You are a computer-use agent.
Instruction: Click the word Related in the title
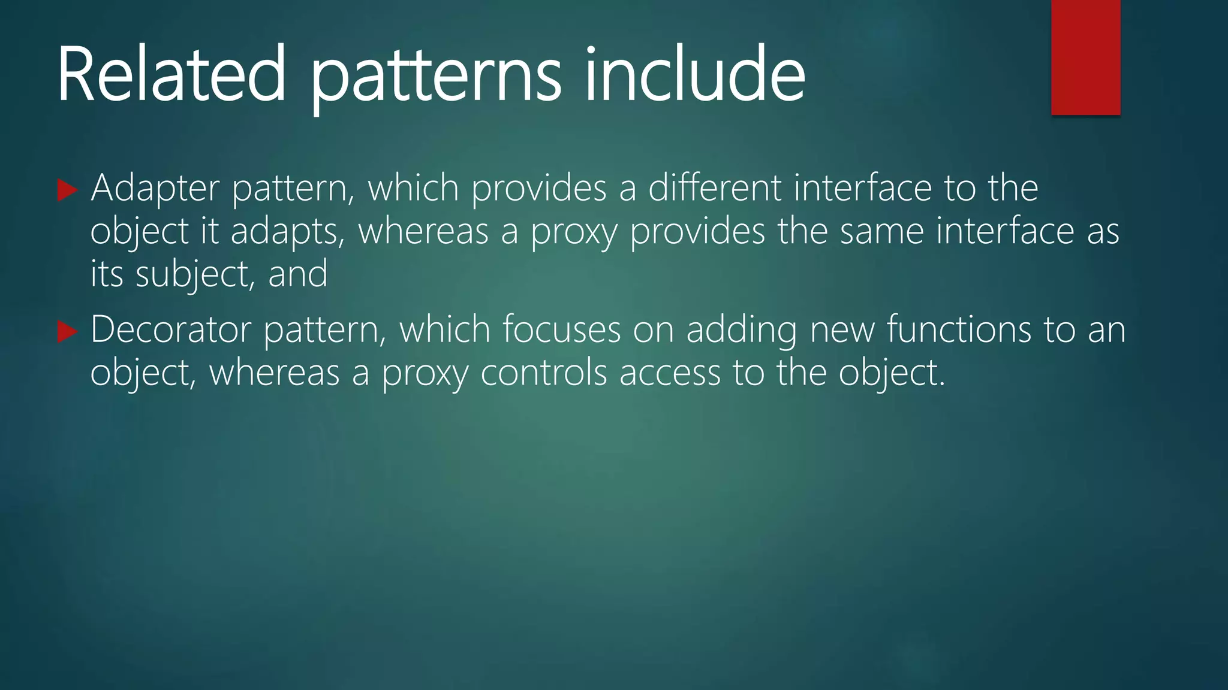(171, 74)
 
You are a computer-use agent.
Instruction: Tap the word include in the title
(695, 74)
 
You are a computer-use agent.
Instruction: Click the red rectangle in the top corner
(1085, 57)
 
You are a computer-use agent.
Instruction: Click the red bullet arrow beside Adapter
(67, 190)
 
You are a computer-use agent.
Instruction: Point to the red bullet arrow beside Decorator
(67, 332)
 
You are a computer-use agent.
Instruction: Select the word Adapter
(155, 189)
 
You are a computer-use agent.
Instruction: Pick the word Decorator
(170, 330)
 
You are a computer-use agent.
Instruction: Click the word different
(715, 188)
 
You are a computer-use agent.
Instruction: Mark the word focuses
(561, 330)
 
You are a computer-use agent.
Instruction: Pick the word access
(670, 374)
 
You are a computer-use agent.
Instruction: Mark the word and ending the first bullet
(298, 274)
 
